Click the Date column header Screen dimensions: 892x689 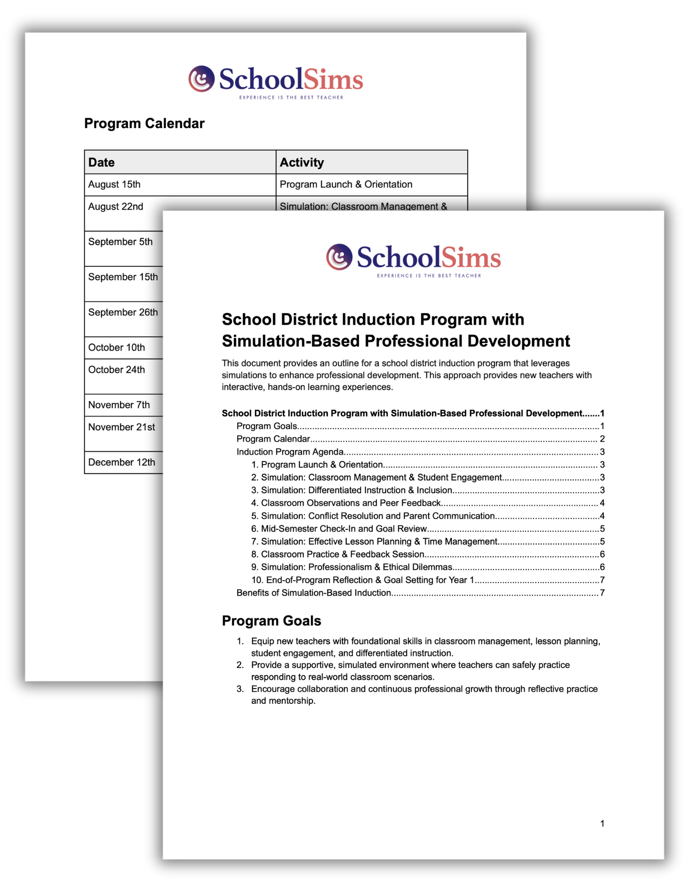(102, 162)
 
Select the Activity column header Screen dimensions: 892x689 (301, 162)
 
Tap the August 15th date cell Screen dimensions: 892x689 (114, 185)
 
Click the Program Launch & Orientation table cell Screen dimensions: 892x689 (346, 185)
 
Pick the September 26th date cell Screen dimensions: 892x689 (123, 312)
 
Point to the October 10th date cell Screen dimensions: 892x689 (116, 347)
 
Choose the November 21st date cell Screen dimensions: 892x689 (121, 427)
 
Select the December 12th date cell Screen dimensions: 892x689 (121, 463)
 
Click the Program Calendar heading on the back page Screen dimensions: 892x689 (144, 124)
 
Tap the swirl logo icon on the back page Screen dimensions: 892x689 (201, 79)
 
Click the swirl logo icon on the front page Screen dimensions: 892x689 (339, 257)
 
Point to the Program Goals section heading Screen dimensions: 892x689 (271, 621)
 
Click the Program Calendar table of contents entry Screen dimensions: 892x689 (273, 439)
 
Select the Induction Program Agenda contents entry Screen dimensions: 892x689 (290, 452)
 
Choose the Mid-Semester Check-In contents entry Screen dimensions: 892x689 (344, 529)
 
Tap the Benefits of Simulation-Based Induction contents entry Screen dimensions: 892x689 (314, 593)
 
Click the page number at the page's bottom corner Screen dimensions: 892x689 (602, 824)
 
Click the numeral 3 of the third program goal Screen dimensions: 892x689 (240, 689)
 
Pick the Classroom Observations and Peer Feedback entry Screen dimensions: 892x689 (351, 503)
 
